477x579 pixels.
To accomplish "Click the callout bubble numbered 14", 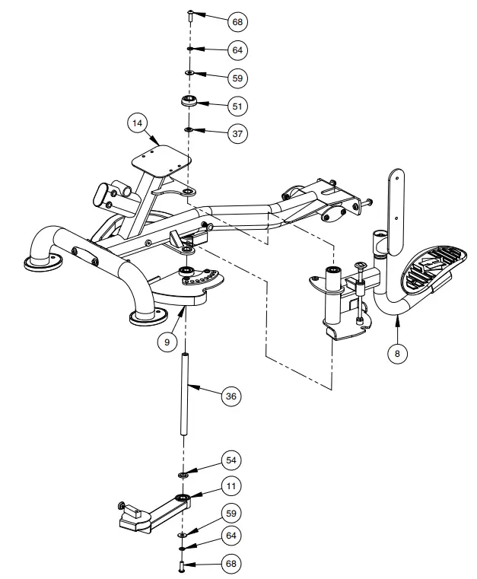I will (x=137, y=124).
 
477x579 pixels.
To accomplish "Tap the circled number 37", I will (x=237, y=132).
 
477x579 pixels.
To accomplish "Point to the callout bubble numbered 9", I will (x=166, y=342).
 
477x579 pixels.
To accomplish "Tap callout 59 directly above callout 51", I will (x=237, y=77).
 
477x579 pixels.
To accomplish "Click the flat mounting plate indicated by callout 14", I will (x=161, y=161).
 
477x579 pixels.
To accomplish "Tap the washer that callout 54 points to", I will (x=183, y=474).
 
